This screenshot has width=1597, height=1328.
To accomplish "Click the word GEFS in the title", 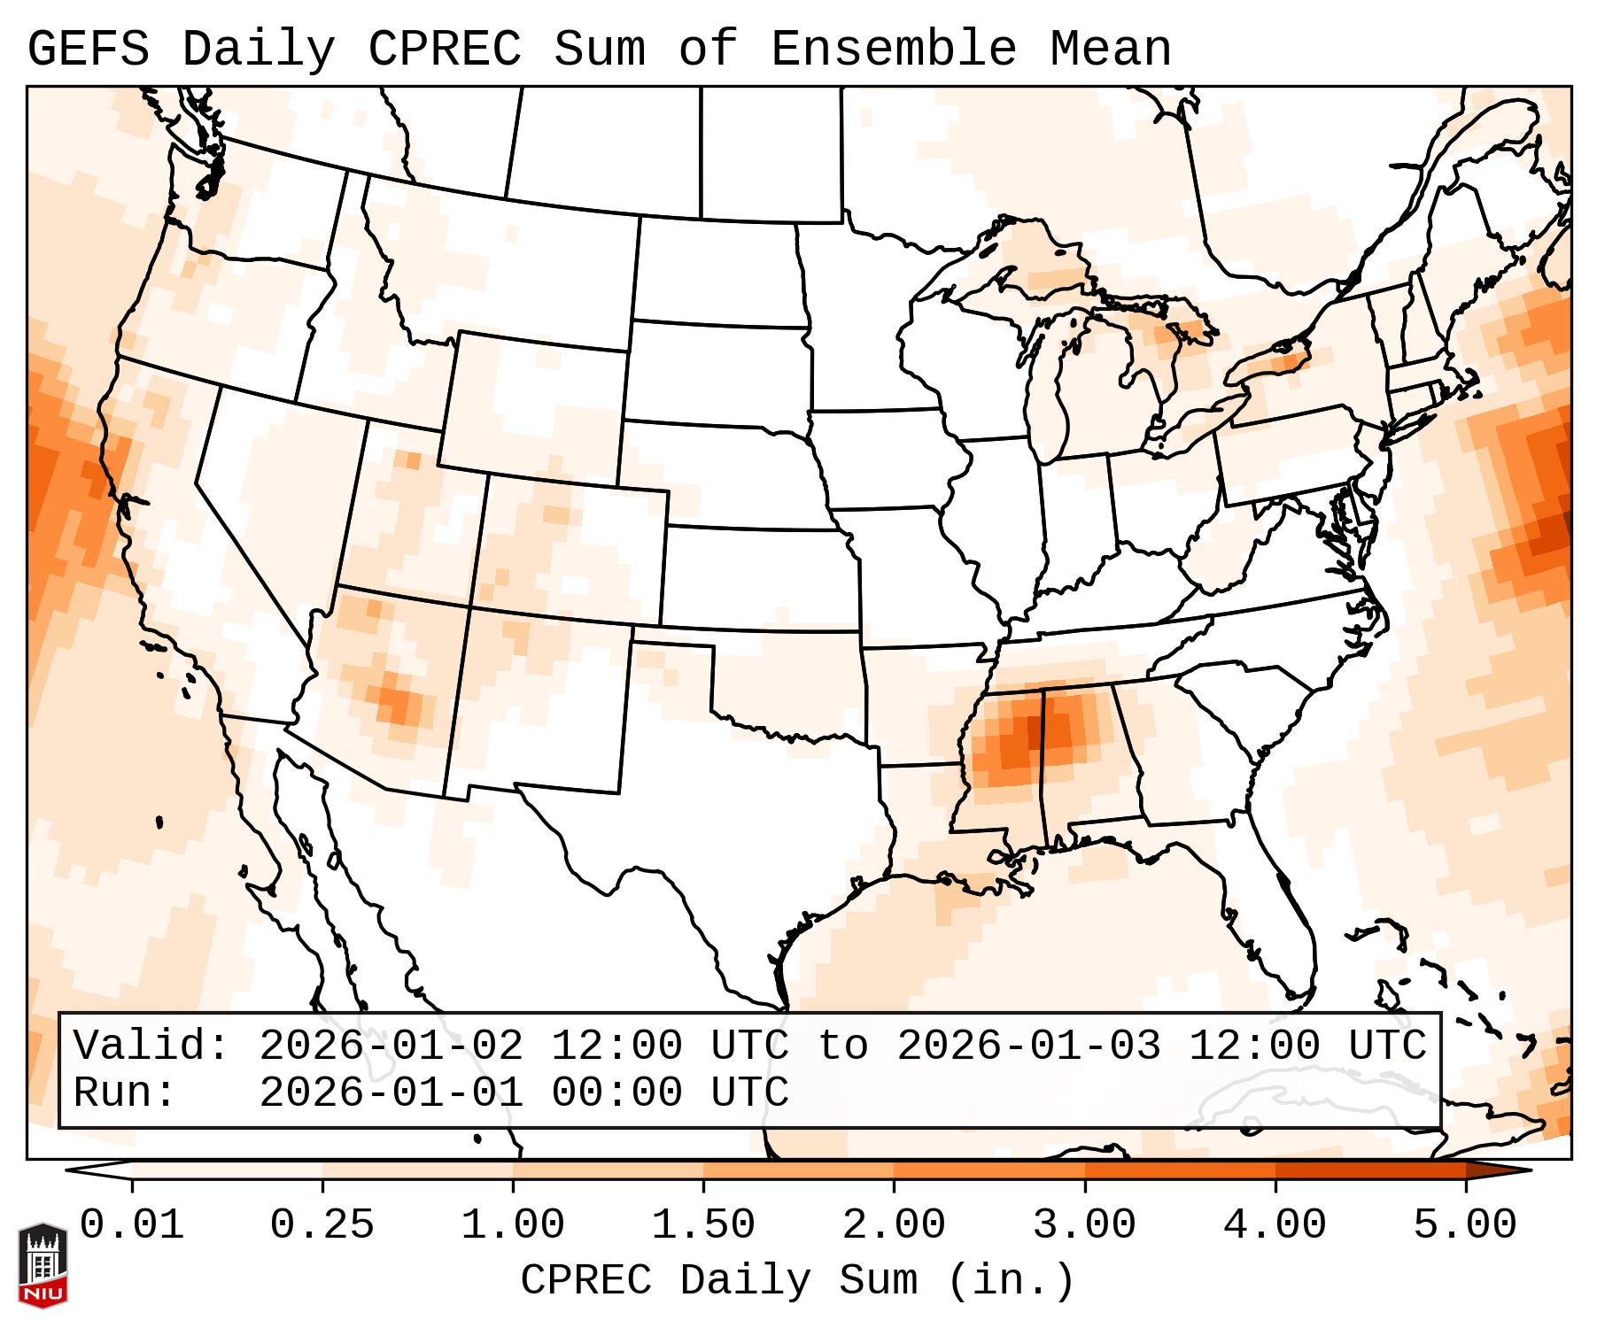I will coord(89,49).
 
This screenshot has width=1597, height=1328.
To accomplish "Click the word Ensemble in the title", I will coord(893,49).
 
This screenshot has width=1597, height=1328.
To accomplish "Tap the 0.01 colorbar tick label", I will coord(132,1226).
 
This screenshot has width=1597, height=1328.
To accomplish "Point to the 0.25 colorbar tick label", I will coord(322,1226).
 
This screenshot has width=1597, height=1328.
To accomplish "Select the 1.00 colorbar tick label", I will coord(513,1226).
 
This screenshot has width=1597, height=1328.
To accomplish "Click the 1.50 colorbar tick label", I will coord(703,1226).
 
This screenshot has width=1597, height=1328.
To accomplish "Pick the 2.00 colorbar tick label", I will coord(894,1226).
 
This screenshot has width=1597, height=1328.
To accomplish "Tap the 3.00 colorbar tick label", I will coord(1084,1226).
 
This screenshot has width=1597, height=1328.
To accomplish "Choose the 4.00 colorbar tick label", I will coord(1275,1226).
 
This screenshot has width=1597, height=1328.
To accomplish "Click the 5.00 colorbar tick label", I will coord(1465,1226).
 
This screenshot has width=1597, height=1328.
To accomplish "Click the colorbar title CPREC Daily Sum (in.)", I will coord(797,1280).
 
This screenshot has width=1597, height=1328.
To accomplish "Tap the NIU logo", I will coord(43,1266).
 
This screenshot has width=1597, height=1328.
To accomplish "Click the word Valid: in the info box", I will coord(151,1046).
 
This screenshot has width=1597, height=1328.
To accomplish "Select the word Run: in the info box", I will coord(125,1093).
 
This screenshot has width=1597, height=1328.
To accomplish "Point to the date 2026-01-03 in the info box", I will coord(1028,1046).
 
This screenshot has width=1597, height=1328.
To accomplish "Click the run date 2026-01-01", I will coord(391,1093).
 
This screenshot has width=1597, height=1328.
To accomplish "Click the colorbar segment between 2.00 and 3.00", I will coord(988,1170).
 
